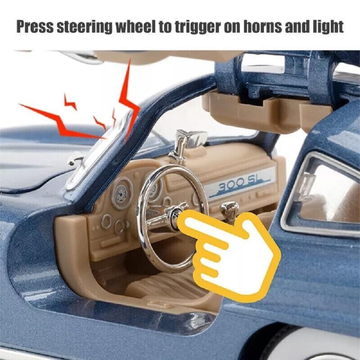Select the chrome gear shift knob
(x=229, y=208)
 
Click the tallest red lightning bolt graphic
(x=129, y=101)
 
